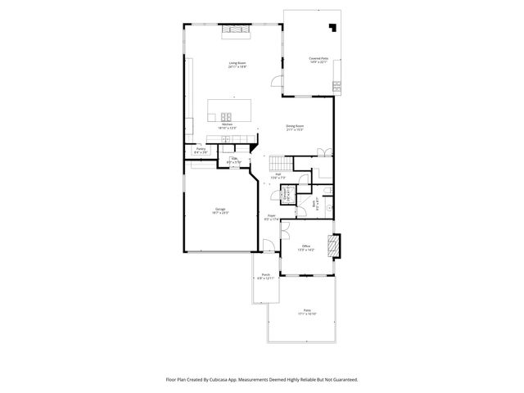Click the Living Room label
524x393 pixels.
pos(237,63)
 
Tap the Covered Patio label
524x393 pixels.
pos(318,59)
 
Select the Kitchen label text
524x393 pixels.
pos(227,124)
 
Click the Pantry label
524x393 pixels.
pos(200,148)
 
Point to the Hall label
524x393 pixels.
pos(278,174)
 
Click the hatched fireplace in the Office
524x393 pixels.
pos(332,245)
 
